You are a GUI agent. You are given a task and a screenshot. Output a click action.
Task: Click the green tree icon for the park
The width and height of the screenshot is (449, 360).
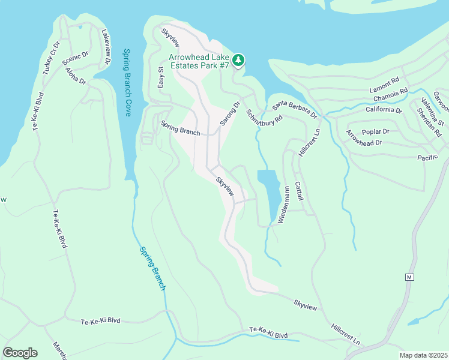[239, 60]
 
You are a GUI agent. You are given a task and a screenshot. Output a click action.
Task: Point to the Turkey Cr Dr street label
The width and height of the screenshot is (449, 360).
[51, 58]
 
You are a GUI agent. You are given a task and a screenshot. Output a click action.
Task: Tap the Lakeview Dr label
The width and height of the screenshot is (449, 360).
[106, 47]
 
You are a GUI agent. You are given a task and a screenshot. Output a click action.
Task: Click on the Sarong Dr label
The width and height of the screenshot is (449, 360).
[229, 113]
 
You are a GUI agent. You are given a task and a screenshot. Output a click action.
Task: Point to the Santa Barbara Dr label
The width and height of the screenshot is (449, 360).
[294, 110]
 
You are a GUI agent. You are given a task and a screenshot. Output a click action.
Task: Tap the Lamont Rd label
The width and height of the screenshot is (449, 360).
[384, 80]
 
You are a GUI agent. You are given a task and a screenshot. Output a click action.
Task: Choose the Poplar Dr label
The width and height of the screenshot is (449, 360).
[376, 131]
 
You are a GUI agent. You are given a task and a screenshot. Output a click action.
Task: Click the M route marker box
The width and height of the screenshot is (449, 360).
[409, 277]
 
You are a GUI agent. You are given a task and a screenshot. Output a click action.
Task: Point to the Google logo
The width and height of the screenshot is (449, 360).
[20, 353]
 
